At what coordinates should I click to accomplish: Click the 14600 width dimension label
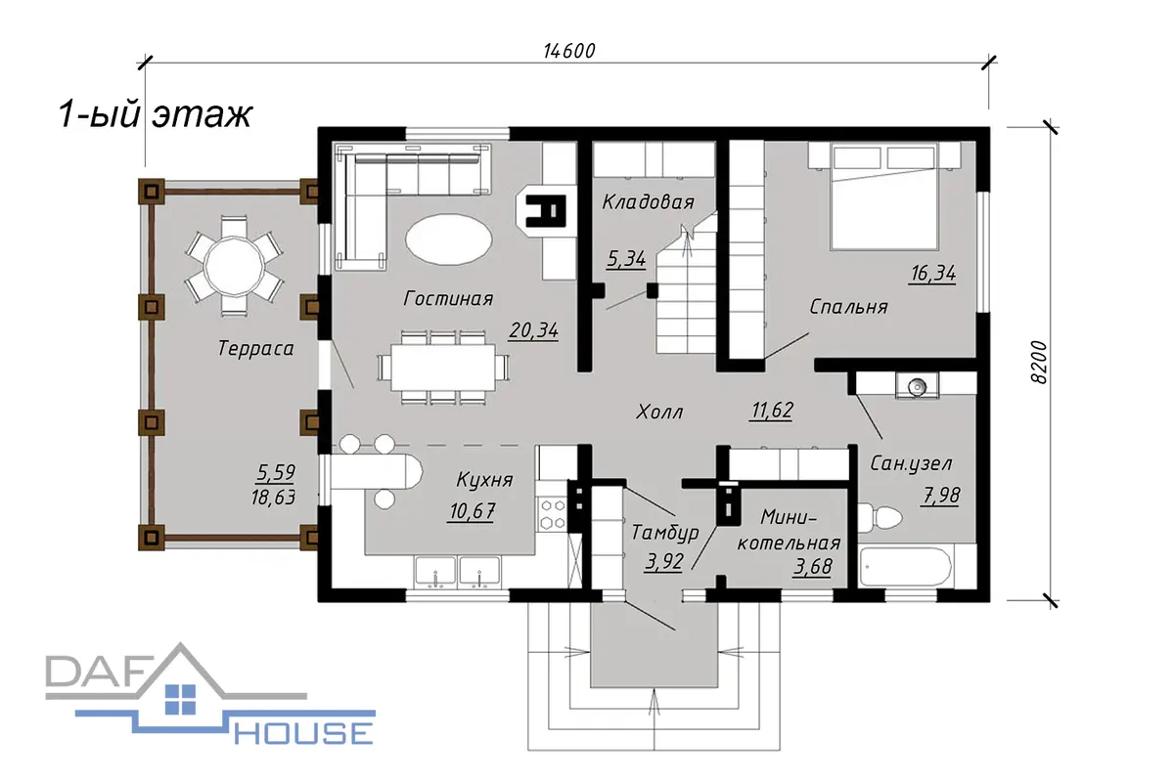[569, 51]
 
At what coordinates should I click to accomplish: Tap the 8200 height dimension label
[1039, 363]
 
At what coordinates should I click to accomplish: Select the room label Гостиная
[448, 298]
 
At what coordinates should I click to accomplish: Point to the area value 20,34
[533, 330]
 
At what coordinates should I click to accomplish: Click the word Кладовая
[649, 201]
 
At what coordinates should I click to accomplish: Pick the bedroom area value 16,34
[933, 274]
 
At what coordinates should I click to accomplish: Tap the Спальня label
[848, 306]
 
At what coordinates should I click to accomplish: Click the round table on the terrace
[234, 267]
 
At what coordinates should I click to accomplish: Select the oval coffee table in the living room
[449, 239]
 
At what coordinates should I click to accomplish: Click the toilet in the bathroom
[880, 517]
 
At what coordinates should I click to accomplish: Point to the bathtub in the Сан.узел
[906, 567]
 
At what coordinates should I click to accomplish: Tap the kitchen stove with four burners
[553, 513]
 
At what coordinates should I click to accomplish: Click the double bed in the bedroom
[884, 196]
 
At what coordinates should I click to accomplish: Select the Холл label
[659, 413]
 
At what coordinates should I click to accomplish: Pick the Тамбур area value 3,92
[664, 562]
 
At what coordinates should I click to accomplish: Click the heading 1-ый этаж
[156, 114]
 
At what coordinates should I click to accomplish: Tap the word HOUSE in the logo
[303, 733]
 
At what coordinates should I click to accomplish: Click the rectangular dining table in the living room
[443, 368]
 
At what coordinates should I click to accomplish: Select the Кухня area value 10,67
[473, 510]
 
